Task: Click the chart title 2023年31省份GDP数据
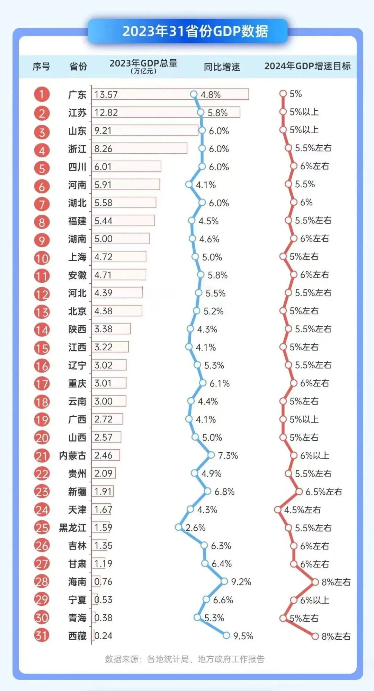click(x=195, y=31)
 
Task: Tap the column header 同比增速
click(x=222, y=67)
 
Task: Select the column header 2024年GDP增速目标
click(x=308, y=66)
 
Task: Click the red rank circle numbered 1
click(x=42, y=94)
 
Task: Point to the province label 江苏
click(x=77, y=113)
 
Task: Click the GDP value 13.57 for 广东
click(x=106, y=95)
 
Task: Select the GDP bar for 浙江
click(x=139, y=148)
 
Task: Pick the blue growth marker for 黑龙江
click(x=179, y=527)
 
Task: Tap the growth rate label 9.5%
click(x=243, y=636)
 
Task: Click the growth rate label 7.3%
click(x=228, y=455)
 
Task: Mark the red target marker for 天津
click(x=278, y=510)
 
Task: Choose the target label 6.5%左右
click(x=323, y=492)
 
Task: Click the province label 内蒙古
click(x=72, y=455)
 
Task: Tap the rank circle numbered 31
click(x=42, y=635)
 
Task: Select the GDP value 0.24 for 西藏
click(x=103, y=636)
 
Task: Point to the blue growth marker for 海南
click(x=224, y=581)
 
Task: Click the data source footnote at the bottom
click(x=185, y=659)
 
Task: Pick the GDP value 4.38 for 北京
click(x=103, y=311)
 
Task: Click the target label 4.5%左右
click(x=302, y=510)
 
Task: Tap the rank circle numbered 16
click(x=42, y=365)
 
